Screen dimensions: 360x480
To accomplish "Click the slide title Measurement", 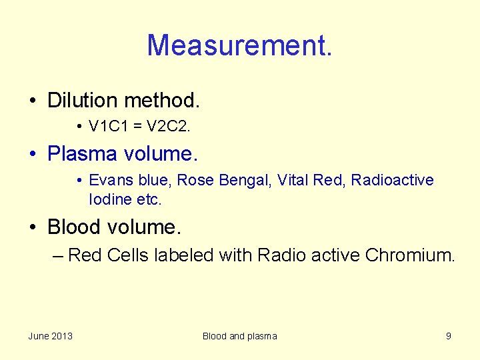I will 239,46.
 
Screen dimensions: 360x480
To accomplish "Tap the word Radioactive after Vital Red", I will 392,180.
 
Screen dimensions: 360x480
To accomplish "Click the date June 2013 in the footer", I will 51,336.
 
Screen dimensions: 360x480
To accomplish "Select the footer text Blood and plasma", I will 239,336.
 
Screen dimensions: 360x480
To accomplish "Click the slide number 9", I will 448,336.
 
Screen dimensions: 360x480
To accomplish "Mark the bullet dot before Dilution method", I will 33,101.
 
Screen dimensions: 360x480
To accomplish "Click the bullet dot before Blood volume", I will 33,228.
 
